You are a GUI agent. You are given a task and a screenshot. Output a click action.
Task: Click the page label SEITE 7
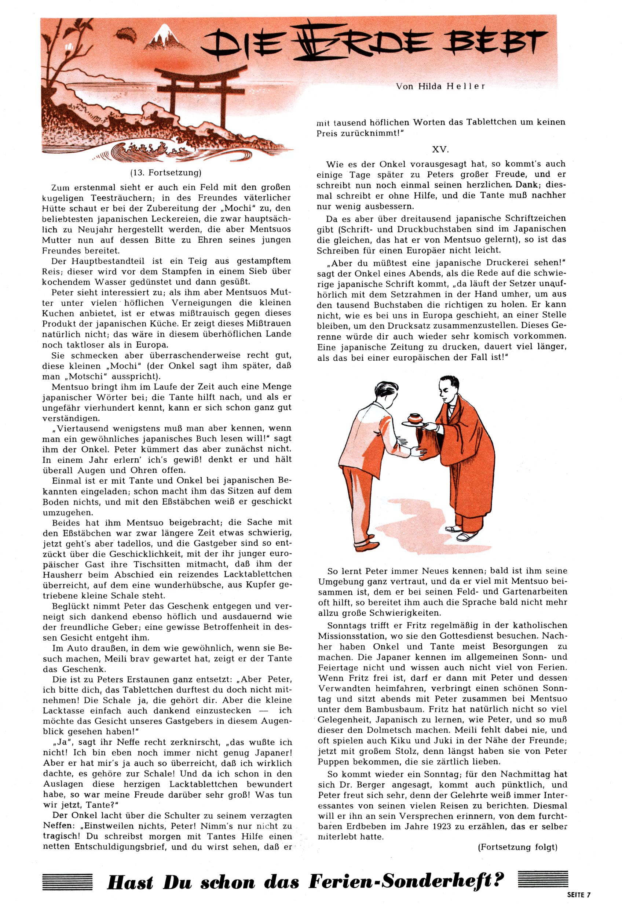coord(578,894)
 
